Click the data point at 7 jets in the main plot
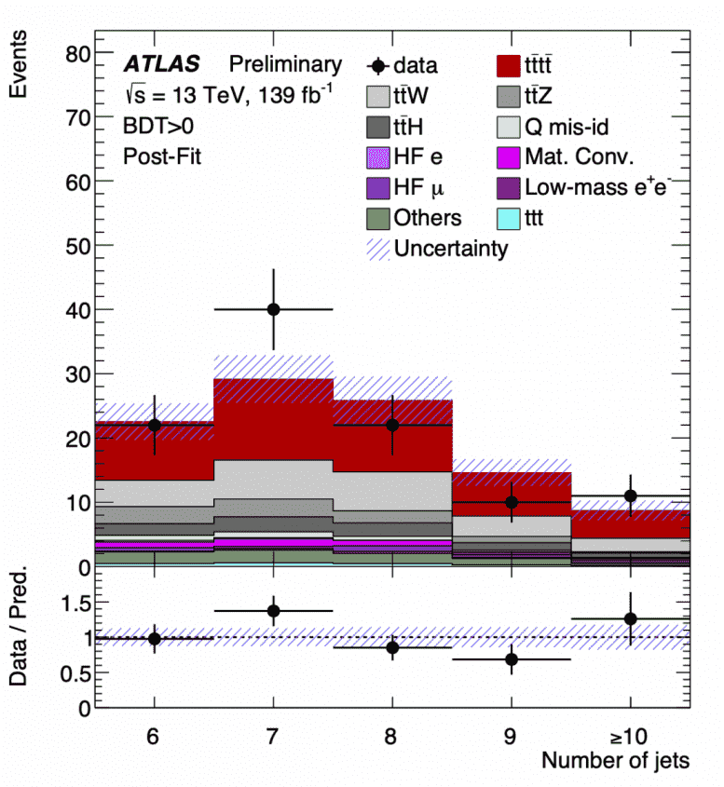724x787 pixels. tap(273, 309)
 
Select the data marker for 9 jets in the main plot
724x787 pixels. tap(512, 502)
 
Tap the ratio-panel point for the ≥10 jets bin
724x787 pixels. tap(631, 618)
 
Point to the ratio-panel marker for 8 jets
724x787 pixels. tap(392, 647)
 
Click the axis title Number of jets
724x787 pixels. tap(616, 761)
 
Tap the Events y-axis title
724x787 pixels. tap(18, 64)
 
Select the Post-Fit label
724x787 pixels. tap(162, 156)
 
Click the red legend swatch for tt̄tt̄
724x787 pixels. tap(511, 65)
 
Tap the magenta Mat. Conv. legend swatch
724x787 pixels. tap(511, 156)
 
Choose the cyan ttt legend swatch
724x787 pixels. tap(511, 218)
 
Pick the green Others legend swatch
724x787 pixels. tap(381, 218)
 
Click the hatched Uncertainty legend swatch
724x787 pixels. tap(381, 249)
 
